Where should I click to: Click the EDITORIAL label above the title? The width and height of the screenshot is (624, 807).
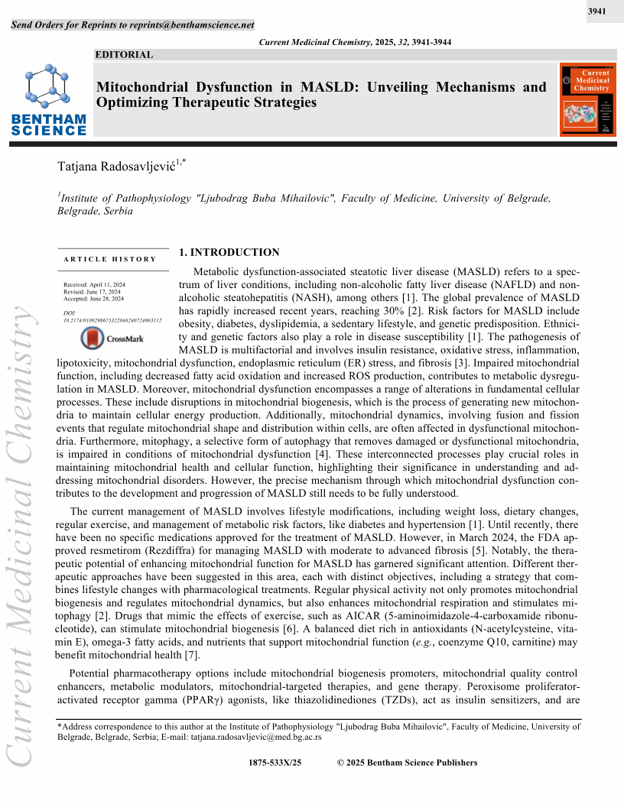(125, 55)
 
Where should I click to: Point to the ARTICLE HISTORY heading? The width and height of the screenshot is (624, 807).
(110, 259)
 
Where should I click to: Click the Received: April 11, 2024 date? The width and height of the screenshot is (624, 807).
(94, 284)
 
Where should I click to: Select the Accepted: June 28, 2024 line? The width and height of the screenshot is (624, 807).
(94, 299)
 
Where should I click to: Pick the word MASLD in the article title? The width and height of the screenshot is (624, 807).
(328, 87)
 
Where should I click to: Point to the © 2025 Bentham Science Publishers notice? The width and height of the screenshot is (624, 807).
(407, 762)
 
